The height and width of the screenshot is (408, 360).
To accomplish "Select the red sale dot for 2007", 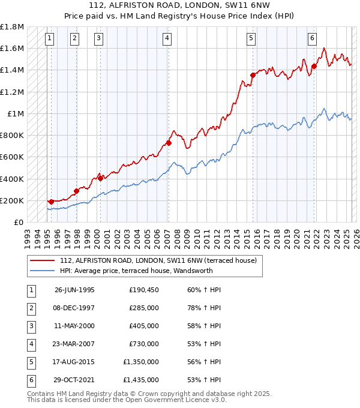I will tap(169, 143).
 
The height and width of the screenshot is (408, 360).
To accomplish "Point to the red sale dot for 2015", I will tap(253, 75).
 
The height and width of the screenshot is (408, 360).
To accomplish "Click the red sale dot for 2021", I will tap(314, 66).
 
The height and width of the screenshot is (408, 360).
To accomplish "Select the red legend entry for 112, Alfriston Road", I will tap(158, 260).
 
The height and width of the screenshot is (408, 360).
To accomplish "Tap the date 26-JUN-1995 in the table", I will tap(74, 290).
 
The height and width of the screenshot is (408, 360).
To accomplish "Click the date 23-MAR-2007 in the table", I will tap(74, 344).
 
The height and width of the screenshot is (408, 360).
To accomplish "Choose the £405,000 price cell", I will tap(144, 326).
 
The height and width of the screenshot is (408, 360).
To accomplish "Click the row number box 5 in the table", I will tap(30, 362).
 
